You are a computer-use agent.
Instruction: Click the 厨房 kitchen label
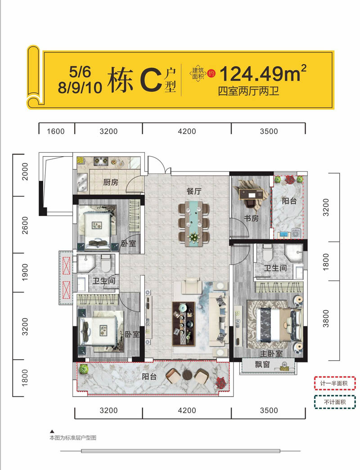[x=111, y=182]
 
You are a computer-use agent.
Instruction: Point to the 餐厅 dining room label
[x=193, y=191]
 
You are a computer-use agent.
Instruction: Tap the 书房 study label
[x=250, y=219]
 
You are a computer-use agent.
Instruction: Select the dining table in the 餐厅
[x=193, y=223]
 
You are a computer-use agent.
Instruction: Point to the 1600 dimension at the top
[x=56, y=131]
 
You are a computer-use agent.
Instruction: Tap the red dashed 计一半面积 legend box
[x=334, y=383]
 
